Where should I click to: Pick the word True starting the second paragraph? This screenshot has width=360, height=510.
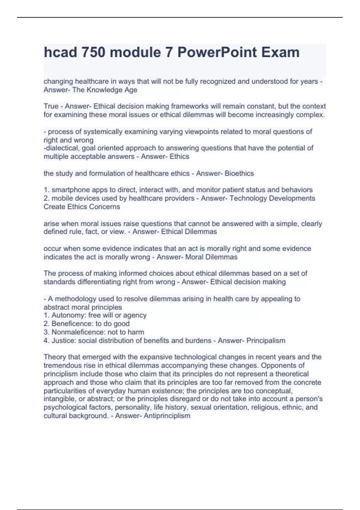(x=51, y=106)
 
